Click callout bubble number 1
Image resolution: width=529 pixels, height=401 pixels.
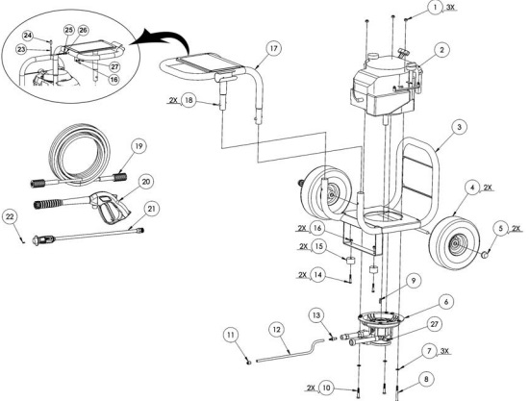coord(464,8)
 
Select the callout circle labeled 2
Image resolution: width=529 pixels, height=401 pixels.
coord(441,49)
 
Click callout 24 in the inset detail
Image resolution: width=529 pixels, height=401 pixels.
coord(27,37)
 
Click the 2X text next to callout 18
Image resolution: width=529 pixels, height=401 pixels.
coord(173,99)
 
